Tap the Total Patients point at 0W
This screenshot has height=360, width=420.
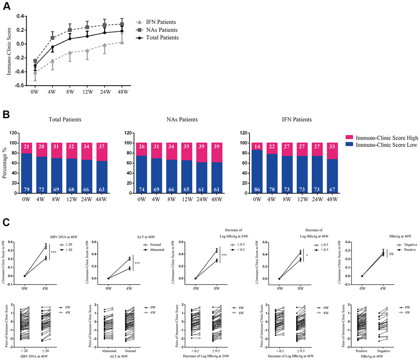pos(35,66)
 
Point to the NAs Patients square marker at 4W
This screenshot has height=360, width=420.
pos(52,38)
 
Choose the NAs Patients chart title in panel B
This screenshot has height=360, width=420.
pos(180,120)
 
